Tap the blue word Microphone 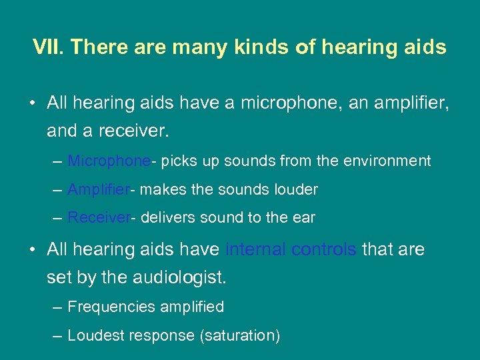click(109, 161)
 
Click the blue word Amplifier click(99, 190)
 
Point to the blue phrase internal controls click(291, 249)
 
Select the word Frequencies click(109, 307)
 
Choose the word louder click(295, 190)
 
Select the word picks click(177, 161)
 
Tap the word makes click(164, 190)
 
